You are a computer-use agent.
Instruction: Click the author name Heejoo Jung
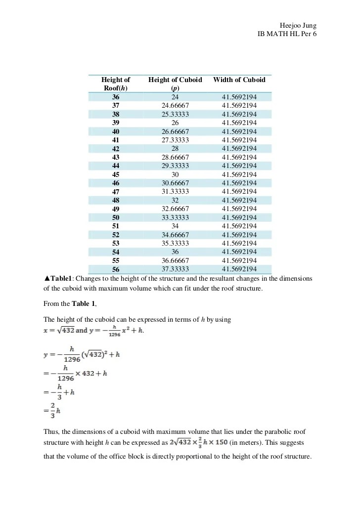pos(298,26)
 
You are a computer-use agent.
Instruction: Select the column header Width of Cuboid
pos(239,80)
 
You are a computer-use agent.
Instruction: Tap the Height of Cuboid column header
pos(175,84)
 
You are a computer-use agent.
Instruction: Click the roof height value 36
pos(116,97)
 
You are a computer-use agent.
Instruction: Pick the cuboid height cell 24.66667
pos(175,106)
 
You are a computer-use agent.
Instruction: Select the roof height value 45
pos(116,174)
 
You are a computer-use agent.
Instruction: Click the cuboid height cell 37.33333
pos(175,269)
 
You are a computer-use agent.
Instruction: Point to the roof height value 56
pos(116,269)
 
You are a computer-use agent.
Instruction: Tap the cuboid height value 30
pos(175,174)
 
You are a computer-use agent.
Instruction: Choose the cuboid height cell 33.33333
pos(175,217)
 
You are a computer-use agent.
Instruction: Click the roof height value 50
pos(116,217)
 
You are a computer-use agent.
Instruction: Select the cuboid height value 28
pos(175,149)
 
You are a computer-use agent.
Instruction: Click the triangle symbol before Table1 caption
pos(47,279)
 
